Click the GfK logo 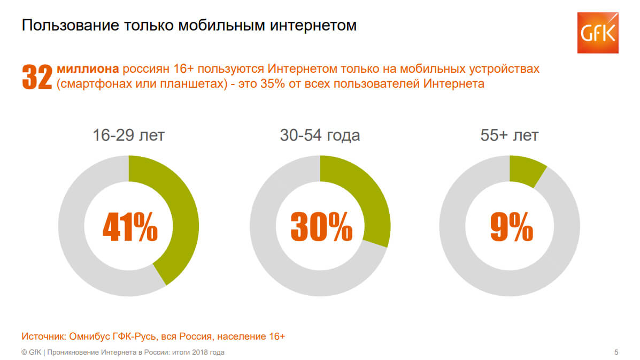[597, 32]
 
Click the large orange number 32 [37, 76]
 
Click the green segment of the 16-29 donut [179, 214]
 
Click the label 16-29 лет [128, 135]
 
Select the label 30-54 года [320, 135]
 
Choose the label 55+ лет [510, 135]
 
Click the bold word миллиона [88, 69]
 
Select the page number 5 [616, 352]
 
